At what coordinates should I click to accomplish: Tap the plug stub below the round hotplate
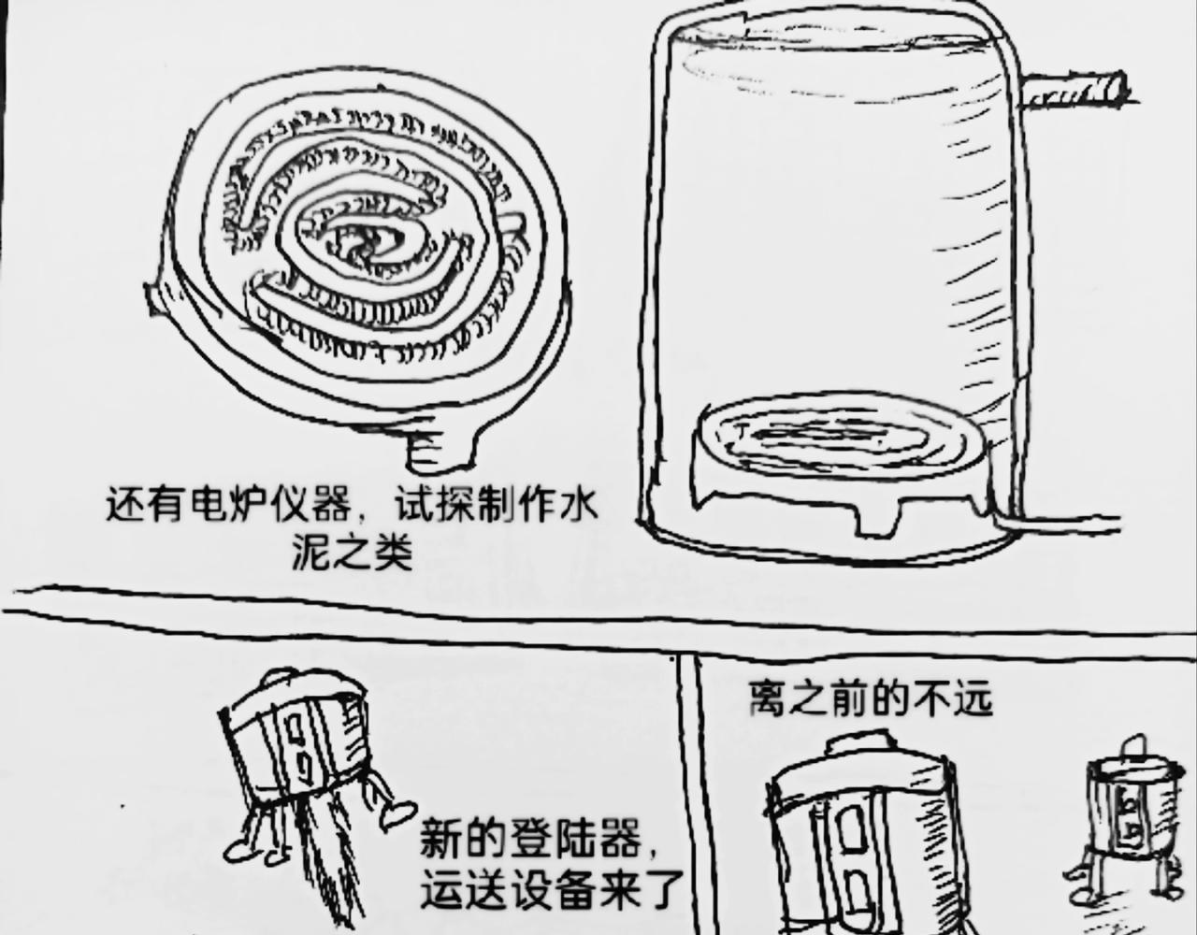(x=438, y=450)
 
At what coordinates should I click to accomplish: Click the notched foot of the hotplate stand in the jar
(x=880, y=521)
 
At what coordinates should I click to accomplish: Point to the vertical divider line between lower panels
(x=687, y=793)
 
